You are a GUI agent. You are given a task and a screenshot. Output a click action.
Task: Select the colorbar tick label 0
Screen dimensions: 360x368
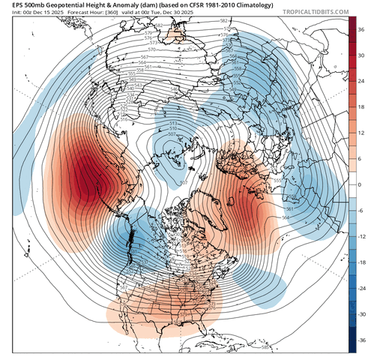[x=360, y=184]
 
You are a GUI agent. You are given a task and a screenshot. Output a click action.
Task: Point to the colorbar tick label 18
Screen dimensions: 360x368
[x=361, y=106]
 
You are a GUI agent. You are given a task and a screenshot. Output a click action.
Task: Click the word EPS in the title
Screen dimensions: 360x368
[x=10, y=5]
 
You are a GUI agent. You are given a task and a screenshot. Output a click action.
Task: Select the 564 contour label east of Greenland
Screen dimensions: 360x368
[x=285, y=217]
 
